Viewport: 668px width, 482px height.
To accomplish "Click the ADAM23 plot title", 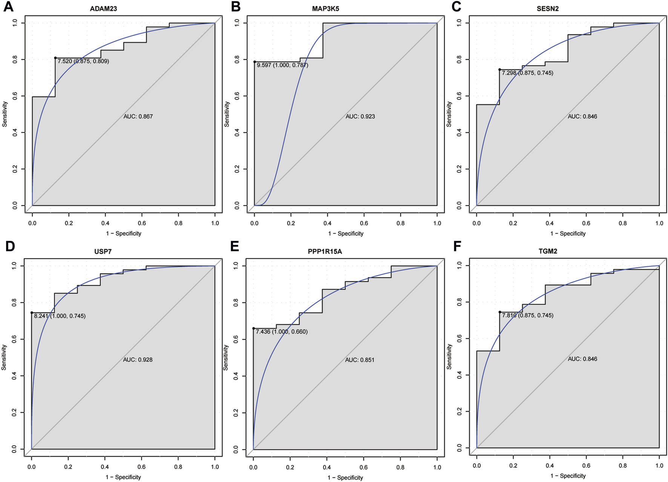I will pos(103,8).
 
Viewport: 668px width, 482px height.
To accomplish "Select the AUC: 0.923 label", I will pos(360,116).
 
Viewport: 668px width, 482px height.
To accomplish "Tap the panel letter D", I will pos(10,246).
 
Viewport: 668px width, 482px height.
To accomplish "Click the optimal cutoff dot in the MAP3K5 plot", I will pos(254,62).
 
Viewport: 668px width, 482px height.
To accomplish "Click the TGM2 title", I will pos(547,251).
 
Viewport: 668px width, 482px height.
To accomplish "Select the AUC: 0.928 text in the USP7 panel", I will pos(138,360).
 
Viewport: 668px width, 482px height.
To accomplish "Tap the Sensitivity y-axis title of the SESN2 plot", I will pos(449,114).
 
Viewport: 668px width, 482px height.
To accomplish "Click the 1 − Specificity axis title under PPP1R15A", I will pos(345,477).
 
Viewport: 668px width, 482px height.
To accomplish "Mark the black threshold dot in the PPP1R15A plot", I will pos(254,328).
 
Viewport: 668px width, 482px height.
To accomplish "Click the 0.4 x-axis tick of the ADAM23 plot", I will pos(105,223).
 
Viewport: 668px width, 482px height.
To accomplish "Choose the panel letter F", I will pos(457,246).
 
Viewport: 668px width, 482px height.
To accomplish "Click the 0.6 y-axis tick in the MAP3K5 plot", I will pos(237,96).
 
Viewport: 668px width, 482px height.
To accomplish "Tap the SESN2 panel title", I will pos(547,8).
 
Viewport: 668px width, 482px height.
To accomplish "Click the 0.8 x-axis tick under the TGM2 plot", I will pos(622,465).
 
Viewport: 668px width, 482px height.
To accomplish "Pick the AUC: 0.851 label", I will pos(360,360).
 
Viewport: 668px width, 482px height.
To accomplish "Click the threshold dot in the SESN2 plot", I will pos(499,70).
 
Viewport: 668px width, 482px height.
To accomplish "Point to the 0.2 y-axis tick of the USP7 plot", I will pos(14,413).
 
